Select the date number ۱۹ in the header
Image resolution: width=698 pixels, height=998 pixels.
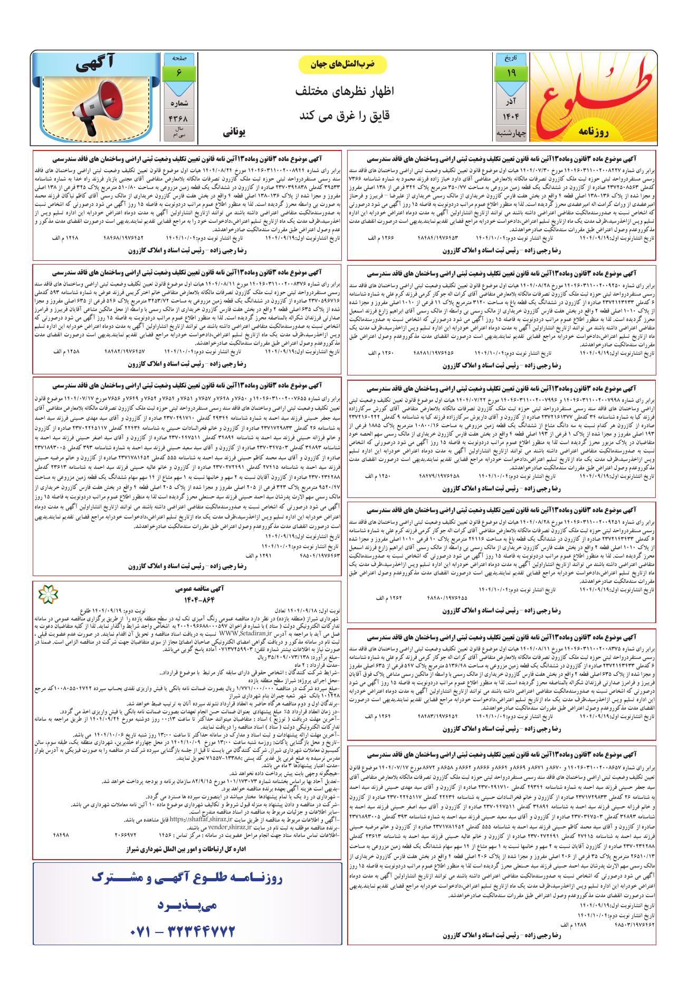(x=511, y=74)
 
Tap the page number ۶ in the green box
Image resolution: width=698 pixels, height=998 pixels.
(x=179, y=74)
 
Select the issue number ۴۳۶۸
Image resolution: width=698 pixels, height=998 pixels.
(x=179, y=117)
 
